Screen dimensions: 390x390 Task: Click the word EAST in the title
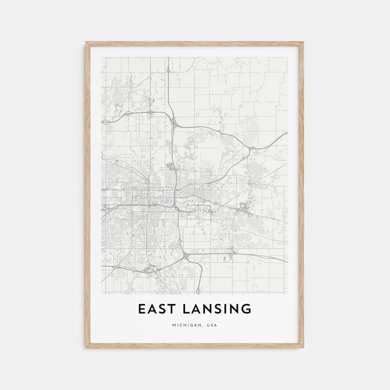pos(156,309)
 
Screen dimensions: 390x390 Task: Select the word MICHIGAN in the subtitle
pos(185,325)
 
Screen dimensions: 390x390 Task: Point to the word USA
pos(212,325)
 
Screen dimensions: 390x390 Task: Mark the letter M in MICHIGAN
pos(174,325)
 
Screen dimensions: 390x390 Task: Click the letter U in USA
pos(209,325)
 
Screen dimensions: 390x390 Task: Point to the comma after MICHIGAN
pos(204,326)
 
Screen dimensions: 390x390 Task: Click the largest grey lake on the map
pos(256,170)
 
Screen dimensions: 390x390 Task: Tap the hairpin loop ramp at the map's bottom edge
pos(198,290)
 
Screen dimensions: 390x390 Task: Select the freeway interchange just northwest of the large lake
pos(252,148)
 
